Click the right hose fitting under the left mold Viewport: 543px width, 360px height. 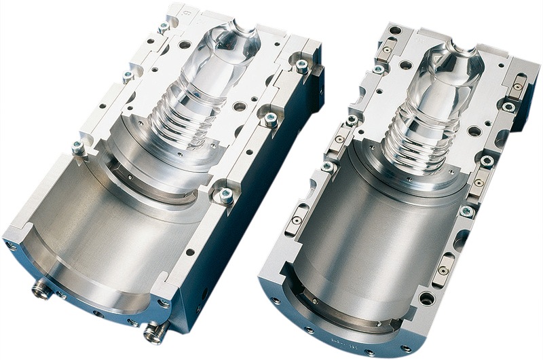[x=155, y=331]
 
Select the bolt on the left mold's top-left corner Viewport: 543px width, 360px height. [x=164, y=27]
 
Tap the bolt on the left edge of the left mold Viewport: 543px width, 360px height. [x=79, y=147]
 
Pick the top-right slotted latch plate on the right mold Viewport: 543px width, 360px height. [x=517, y=87]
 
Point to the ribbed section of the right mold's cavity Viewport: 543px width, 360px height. [x=410, y=139]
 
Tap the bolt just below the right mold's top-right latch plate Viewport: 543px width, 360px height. [x=508, y=107]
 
